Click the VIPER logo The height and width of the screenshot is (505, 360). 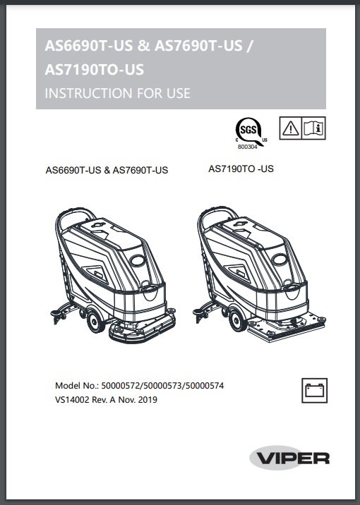click(289, 458)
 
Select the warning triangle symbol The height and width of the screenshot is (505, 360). click(292, 128)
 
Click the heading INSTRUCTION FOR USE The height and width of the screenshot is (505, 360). click(117, 93)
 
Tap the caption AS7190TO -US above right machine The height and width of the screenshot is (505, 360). click(241, 169)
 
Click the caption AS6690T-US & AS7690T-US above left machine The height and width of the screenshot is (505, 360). click(107, 171)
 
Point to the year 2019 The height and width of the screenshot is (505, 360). click(147, 399)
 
